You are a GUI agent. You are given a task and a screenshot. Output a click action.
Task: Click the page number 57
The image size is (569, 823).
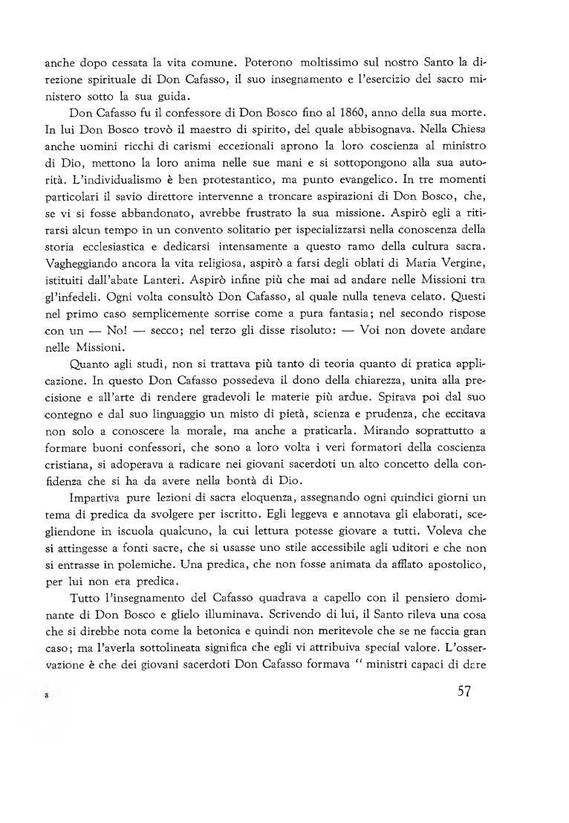[465, 693]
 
